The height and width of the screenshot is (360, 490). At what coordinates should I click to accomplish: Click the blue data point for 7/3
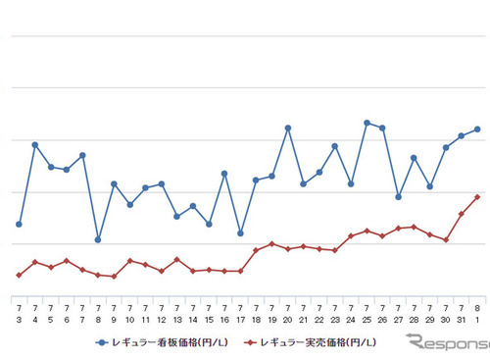tap(19, 225)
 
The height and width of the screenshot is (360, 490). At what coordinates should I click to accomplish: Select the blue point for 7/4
tap(34, 145)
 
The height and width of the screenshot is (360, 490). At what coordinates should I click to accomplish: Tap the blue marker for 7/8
tap(98, 239)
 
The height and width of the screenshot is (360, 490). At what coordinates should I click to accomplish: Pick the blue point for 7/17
tap(240, 233)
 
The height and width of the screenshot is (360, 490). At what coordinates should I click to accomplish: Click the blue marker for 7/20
tap(288, 128)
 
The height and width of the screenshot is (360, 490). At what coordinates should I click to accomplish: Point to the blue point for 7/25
tap(367, 123)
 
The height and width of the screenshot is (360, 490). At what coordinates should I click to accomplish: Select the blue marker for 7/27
tap(398, 197)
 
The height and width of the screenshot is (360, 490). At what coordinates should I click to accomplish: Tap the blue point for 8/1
tap(477, 129)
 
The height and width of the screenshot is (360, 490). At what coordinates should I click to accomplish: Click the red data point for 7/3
tap(19, 275)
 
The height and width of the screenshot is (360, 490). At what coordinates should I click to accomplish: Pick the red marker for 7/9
tap(114, 277)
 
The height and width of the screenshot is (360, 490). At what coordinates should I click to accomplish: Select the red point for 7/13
tap(176, 259)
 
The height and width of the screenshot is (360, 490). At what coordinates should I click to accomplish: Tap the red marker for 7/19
tap(271, 243)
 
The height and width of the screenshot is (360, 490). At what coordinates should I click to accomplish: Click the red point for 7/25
tap(367, 231)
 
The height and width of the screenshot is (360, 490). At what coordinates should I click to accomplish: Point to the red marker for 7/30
tap(446, 239)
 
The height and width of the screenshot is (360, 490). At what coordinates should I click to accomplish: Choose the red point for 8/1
tap(477, 197)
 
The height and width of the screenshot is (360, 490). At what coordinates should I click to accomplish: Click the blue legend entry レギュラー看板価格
tap(157, 342)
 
